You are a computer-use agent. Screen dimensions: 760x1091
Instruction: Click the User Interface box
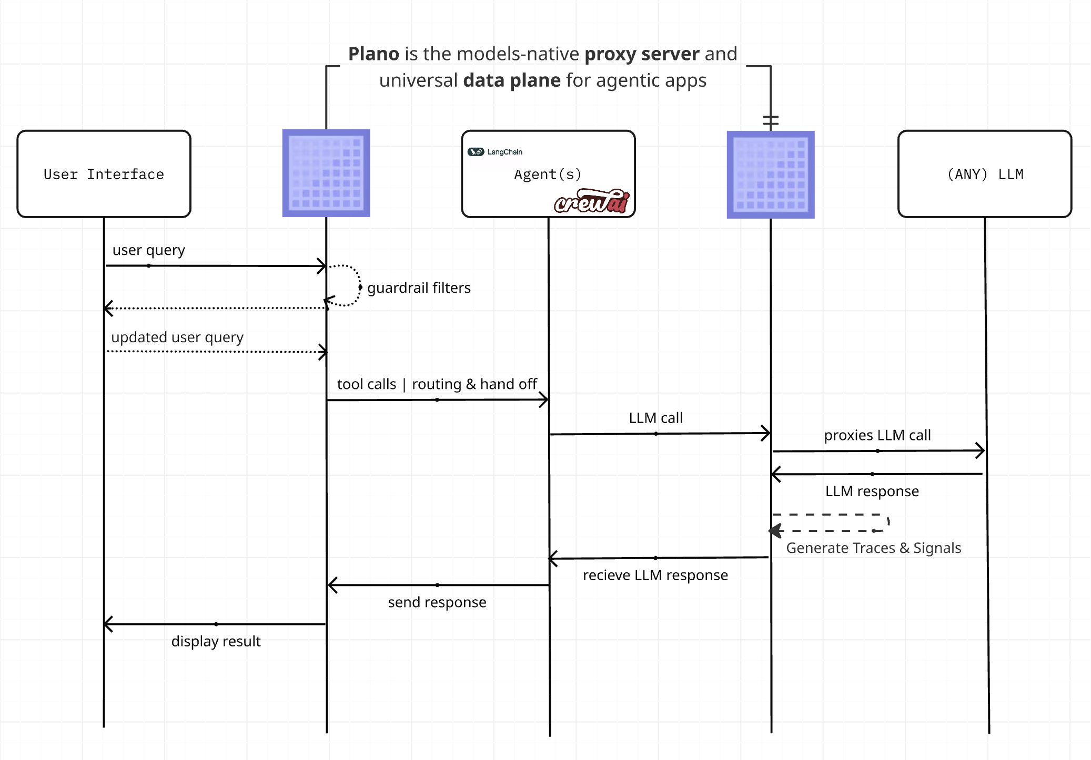pyautogui.click(x=104, y=174)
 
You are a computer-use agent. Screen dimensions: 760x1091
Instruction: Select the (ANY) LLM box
pyautogui.click(x=984, y=174)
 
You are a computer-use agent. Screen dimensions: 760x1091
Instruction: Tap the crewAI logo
pyautogui.click(x=592, y=201)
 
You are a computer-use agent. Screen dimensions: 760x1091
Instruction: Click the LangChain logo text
pyautogui.click(x=504, y=152)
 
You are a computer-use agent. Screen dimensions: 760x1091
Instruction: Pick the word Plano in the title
pyautogui.click(x=373, y=54)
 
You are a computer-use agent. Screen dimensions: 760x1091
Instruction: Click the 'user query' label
pyautogui.click(x=148, y=250)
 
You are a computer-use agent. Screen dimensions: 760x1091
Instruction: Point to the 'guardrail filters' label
pyautogui.click(x=419, y=288)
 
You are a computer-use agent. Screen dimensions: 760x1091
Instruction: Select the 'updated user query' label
pyautogui.click(x=177, y=337)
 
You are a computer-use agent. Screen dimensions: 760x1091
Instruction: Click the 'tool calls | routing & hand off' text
pyautogui.click(x=437, y=384)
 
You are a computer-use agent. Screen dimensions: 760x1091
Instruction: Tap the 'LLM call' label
pyautogui.click(x=655, y=418)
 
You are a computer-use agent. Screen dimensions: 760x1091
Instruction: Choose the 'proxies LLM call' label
pyautogui.click(x=877, y=436)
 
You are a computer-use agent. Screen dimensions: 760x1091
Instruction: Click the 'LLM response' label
pyautogui.click(x=872, y=491)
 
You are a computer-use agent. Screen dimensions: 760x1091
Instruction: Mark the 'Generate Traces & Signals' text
pyautogui.click(x=873, y=548)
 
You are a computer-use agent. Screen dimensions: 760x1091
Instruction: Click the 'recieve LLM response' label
pyautogui.click(x=655, y=576)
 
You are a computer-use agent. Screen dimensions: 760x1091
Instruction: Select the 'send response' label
pyautogui.click(x=437, y=602)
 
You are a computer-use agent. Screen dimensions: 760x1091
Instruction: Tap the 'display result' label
pyautogui.click(x=216, y=642)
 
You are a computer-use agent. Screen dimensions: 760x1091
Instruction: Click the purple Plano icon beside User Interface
pyautogui.click(x=326, y=173)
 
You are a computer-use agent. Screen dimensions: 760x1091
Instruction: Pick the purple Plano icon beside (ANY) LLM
pyautogui.click(x=770, y=174)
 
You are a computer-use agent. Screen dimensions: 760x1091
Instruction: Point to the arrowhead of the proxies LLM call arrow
pyautogui.click(x=981, y=450)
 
